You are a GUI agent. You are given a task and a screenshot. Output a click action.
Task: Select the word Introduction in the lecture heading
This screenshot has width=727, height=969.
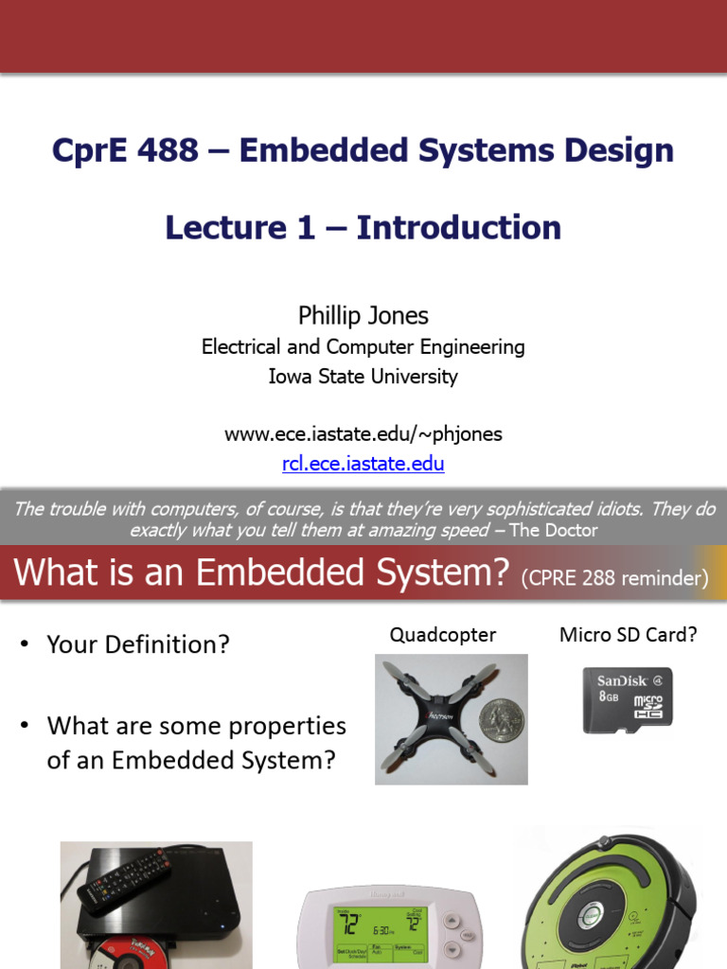(x=459, y=227)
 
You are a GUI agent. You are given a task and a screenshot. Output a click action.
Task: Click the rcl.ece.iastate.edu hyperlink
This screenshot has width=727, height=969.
(x=363, y=464)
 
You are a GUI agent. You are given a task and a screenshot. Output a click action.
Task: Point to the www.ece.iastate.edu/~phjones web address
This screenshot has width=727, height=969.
(x=363, y=434)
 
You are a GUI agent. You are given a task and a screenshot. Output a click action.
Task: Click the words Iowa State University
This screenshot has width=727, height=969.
(x=363, y=377)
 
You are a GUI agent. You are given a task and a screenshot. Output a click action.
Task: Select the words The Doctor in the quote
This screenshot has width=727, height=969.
(x=554, y=531)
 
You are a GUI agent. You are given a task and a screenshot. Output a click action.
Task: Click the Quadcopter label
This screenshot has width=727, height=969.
(x=443, y=635)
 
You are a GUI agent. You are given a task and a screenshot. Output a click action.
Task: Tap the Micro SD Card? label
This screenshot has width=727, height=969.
(x=629, y=635)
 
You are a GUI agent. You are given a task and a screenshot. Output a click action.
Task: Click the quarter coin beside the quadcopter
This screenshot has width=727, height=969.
(x=501, y=720)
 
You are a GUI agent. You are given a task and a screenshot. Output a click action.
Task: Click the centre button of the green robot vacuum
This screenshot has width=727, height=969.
(x=592, y=914)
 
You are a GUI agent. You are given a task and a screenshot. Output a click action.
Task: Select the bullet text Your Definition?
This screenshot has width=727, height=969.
(x=138, y=645)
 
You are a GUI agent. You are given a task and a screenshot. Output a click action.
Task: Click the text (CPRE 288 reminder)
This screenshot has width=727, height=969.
(x=614, y=579)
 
